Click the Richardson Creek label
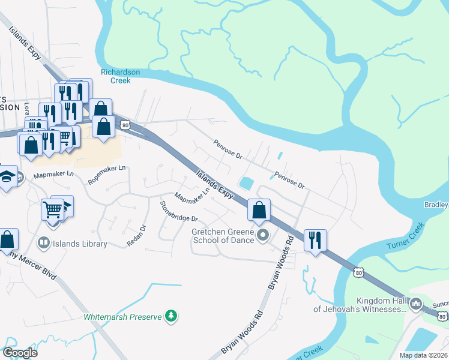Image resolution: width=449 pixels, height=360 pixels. tap(120, 76)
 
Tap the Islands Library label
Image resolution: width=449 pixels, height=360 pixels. tap(80, 244)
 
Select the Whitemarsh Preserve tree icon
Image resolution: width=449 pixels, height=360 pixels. tap(172, 316)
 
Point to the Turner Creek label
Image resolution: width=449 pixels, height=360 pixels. tap(405, 244)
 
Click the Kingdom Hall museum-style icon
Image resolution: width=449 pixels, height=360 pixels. tap(415, 304)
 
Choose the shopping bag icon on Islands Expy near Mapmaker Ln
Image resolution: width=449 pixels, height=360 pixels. tap(259, 210)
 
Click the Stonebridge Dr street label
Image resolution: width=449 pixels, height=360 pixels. tap(178, 211)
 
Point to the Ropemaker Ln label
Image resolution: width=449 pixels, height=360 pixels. tap(108, 174)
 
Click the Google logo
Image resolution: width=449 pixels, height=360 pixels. tap(20, 352)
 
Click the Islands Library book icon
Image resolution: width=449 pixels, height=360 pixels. tap(43, 243)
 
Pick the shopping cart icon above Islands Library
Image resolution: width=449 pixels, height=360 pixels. tap(52, 210)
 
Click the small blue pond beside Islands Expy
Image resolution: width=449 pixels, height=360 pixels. tap(247, 182)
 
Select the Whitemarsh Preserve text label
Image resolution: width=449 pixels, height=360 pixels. tap(122, 316)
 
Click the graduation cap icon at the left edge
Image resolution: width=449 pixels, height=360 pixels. tap(7, 177)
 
